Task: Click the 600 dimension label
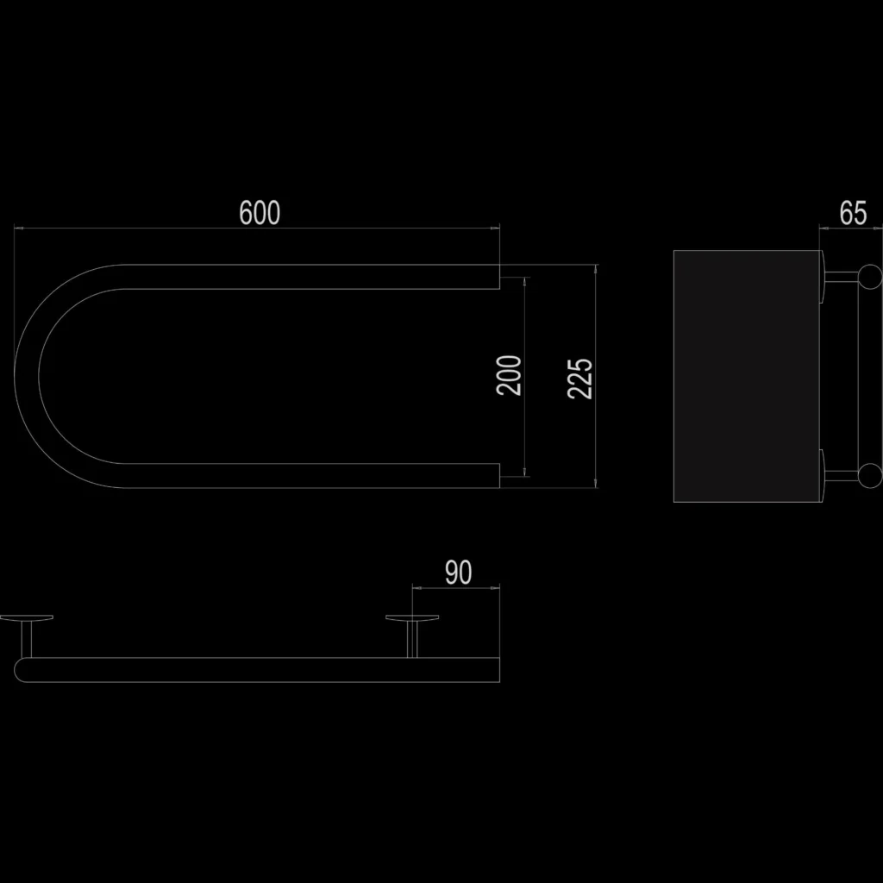tap(260, 213)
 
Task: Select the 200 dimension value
tap(509, 376)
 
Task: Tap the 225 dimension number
tap(580, 379)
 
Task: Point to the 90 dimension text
tap(458, 573)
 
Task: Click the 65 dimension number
tap(853, 214)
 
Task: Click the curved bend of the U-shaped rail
tap(27, 376)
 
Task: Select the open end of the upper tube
tap(499, 277)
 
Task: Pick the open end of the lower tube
tap(499, 476)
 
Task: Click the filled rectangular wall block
tap(747, 376)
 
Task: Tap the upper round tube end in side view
tap(870, 277)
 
